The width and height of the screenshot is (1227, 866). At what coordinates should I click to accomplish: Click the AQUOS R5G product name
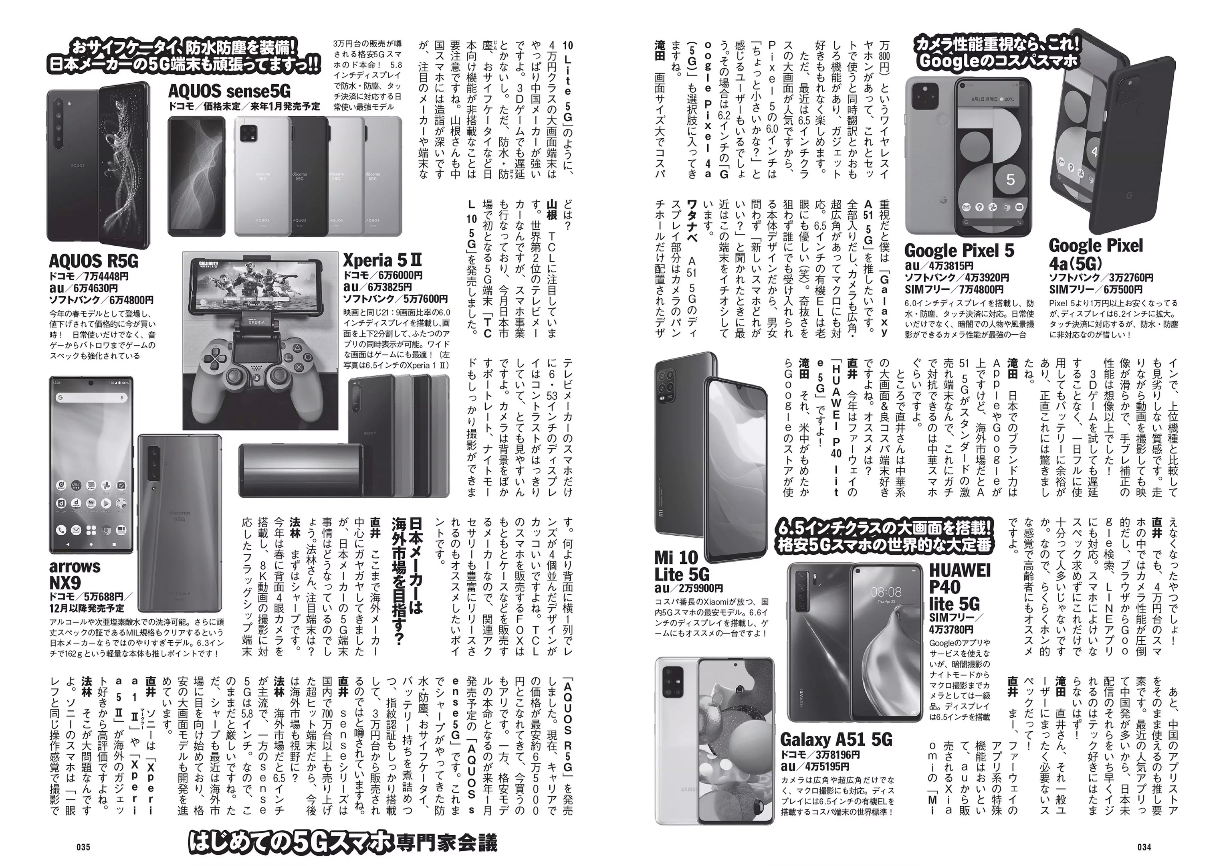[x=93, y=261]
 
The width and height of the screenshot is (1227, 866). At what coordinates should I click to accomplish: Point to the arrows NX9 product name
[x=75, y=574]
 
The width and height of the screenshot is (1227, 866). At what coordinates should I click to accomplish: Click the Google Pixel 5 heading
[x=959, y=251]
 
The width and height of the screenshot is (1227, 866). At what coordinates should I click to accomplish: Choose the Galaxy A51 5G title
[x=836, y=739]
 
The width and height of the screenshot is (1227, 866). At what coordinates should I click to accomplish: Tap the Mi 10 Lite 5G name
[x=682, y=566]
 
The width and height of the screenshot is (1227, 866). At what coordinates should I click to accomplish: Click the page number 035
[x=83, y=847]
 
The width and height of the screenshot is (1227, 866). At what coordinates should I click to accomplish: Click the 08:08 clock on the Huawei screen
[x=886, y=592]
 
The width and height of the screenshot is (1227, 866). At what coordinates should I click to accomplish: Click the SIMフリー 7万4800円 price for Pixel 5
[x=954, y=290]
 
